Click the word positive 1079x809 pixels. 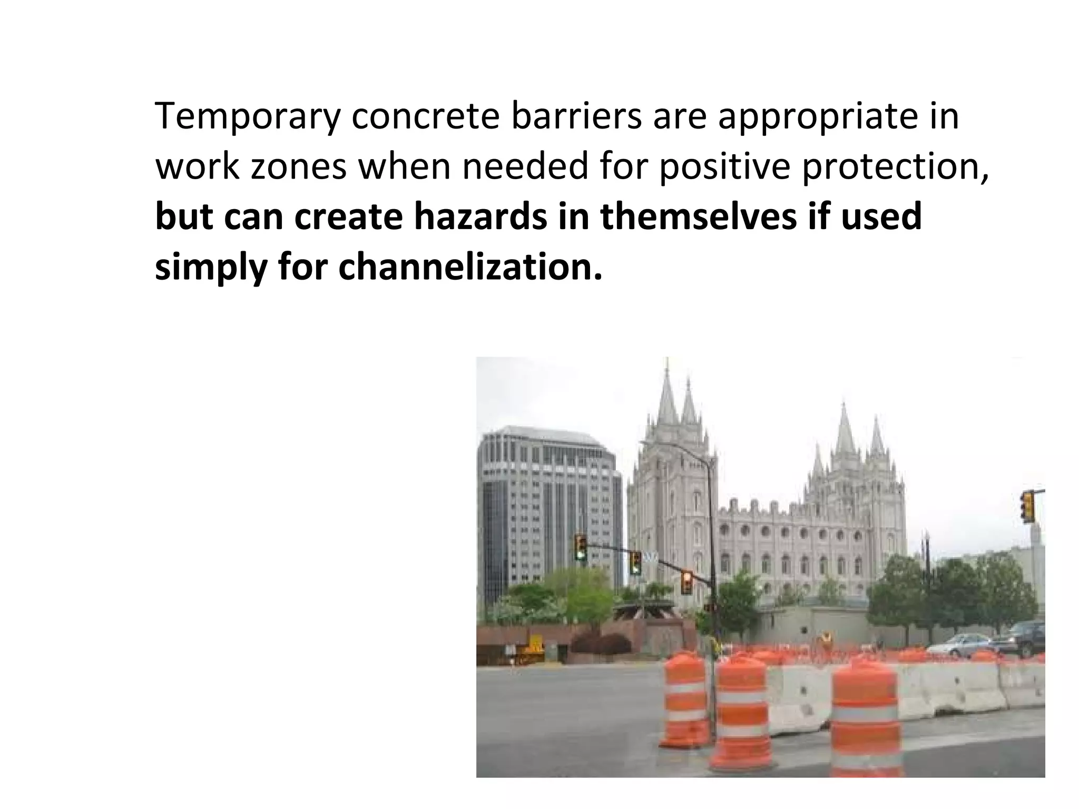point(724,166)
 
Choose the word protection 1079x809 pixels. point(896,166)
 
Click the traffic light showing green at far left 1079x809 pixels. point(581,548)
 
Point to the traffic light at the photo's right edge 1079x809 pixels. point(1027,507)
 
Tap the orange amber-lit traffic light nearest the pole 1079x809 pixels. point(686,583)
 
